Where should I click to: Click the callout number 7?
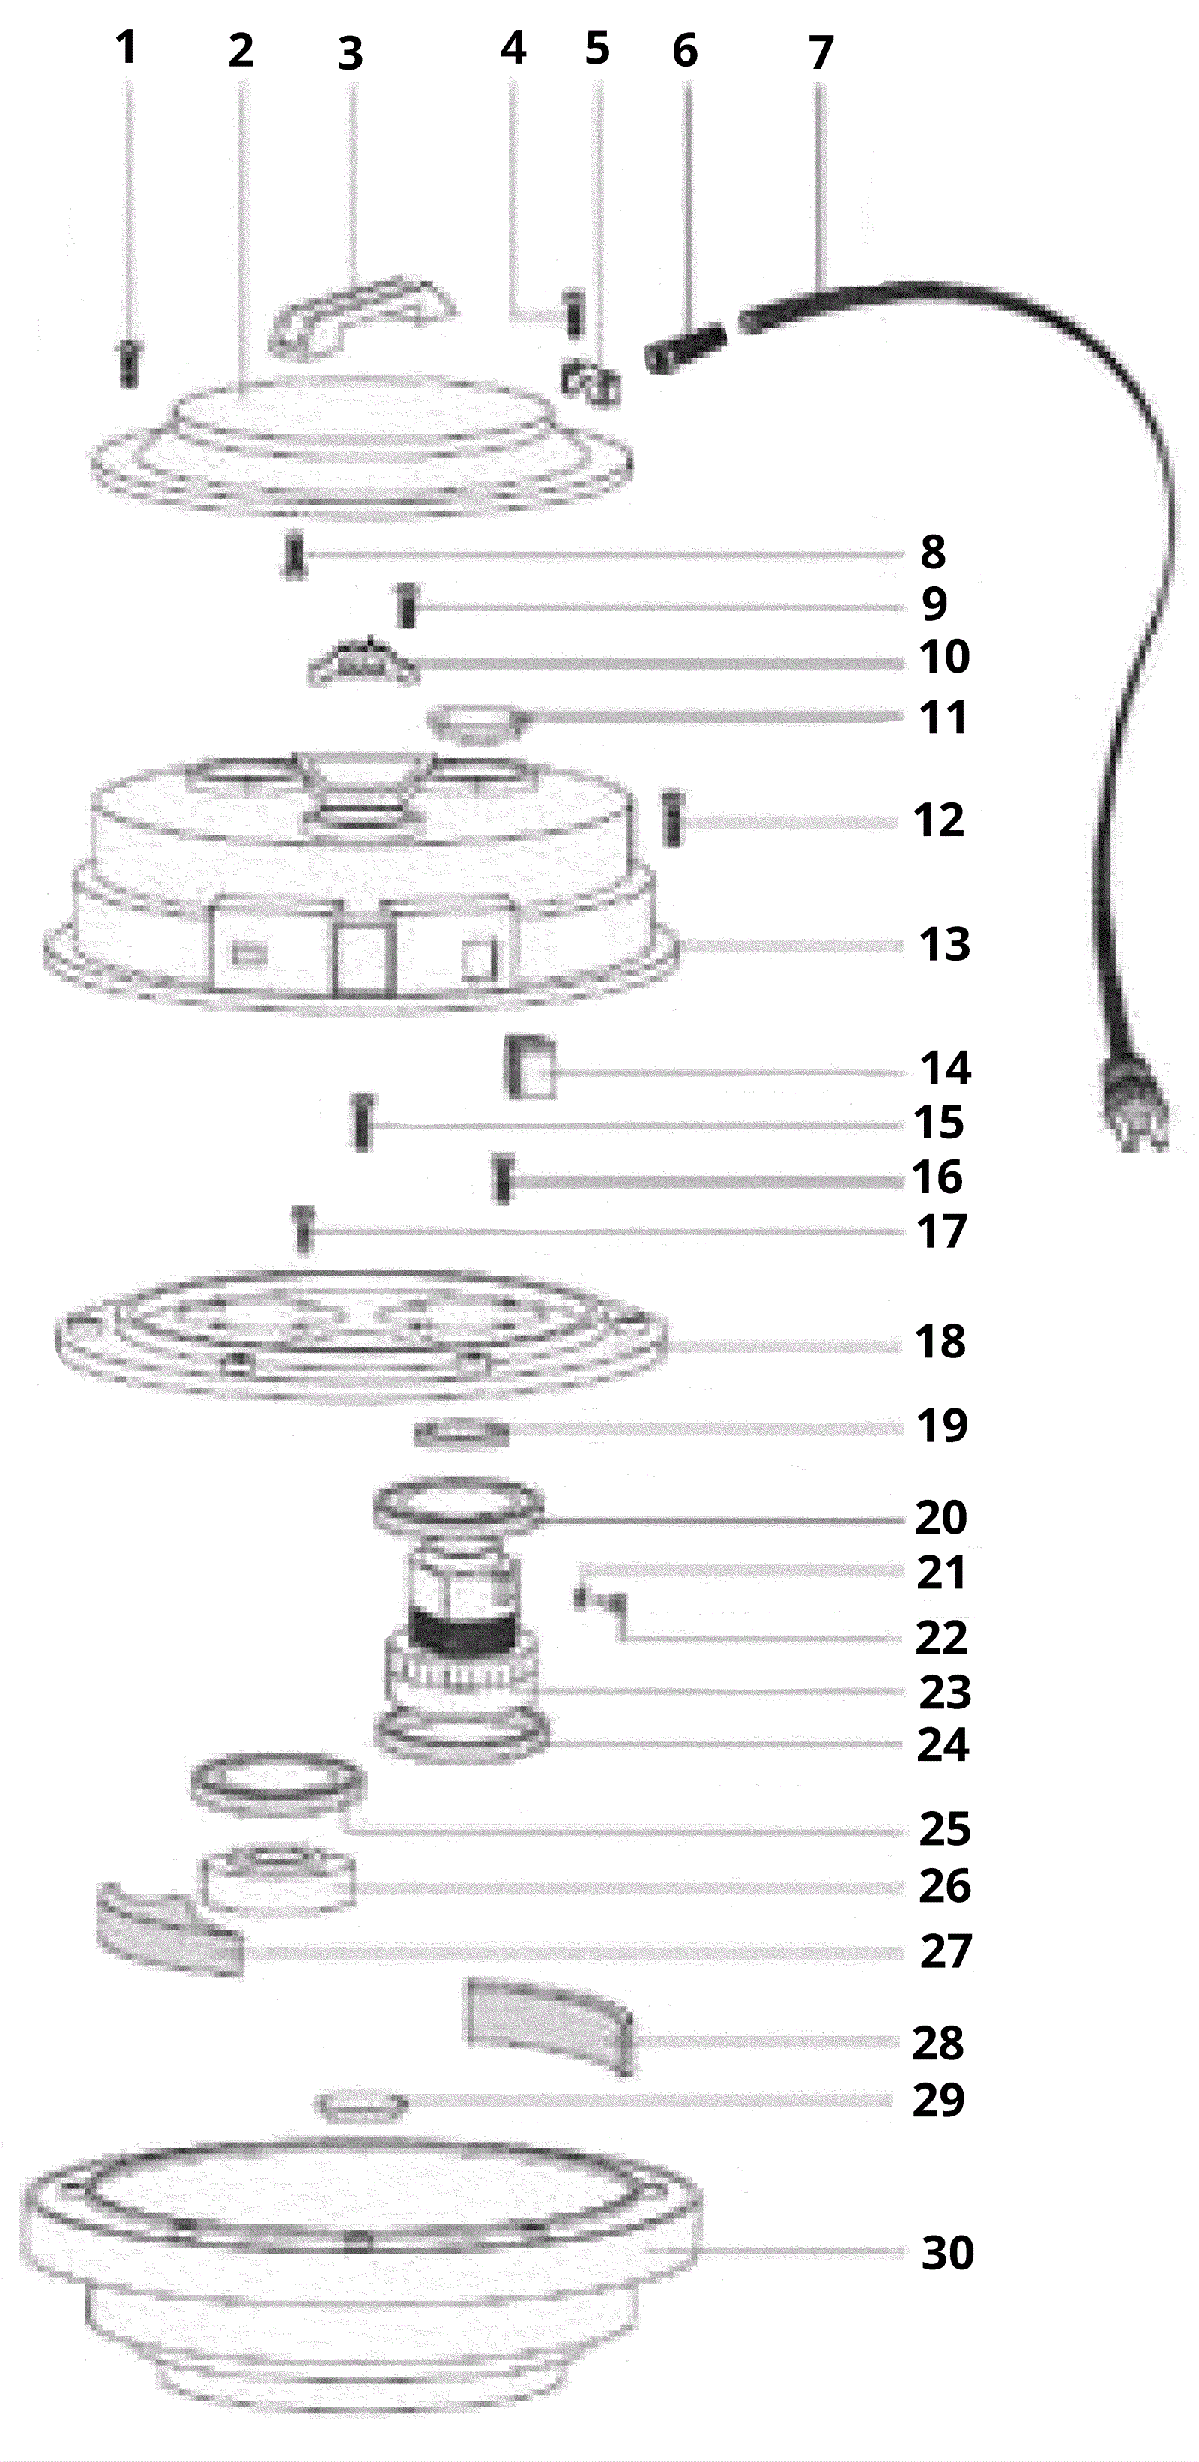[821, 52]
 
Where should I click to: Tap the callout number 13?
[945, 944]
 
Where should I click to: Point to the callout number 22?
[942, 1638]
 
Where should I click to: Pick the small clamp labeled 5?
[591, 382]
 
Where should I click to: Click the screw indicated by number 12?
[674, 818]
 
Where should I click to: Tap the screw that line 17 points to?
[303, 1228]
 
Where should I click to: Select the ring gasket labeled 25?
[278, 1786]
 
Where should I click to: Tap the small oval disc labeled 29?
[363, 2106]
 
